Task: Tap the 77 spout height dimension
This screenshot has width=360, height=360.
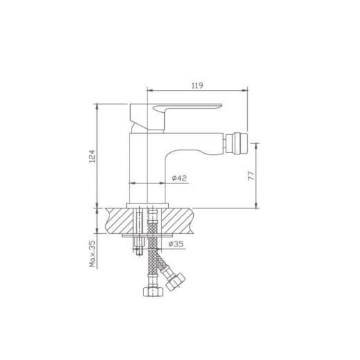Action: (251, 174)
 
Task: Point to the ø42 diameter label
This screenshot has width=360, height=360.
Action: (179, 179)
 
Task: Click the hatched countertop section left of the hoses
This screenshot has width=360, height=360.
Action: (122, 219)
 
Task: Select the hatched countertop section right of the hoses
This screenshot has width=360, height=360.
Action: (187, 219)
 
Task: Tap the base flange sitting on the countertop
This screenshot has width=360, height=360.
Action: (150, 204)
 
